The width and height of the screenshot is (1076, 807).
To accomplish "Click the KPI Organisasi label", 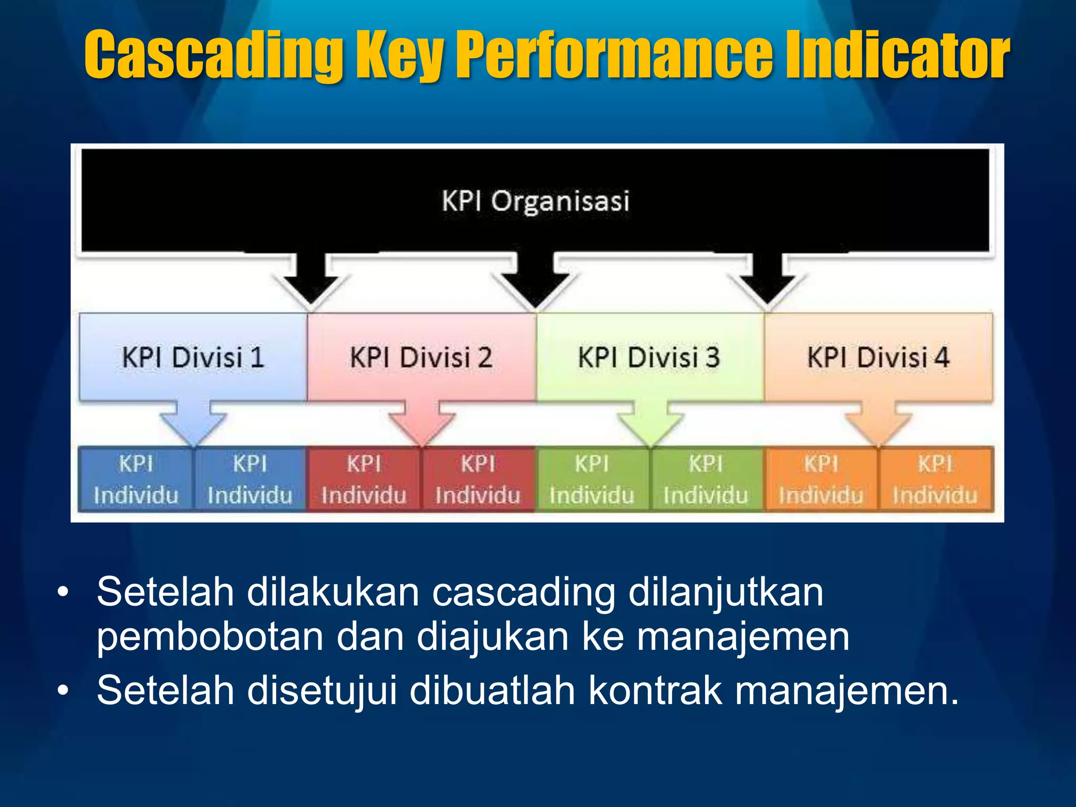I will pyautogui.click(x=535, y=201).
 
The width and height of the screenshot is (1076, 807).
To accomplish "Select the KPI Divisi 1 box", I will pyautogui.click(x=193, y=357).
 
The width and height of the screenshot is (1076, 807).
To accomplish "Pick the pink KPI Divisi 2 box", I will pyautogui.click(x=421, y=357).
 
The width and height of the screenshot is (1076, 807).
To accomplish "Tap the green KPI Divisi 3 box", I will pyautogui.click(x=649, y=357).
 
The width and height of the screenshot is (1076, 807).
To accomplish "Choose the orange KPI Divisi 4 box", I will pyautogui.click(x=878, y=357).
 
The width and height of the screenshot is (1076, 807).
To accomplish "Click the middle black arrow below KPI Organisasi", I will pyautogui.click(x=535, y=281).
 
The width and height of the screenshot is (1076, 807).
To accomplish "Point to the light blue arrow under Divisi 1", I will pyautogui.click(x=193, y=423).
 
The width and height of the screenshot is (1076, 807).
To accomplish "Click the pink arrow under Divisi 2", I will pyautogui.click(x=422, y=423).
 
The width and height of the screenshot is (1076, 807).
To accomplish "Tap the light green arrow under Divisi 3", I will pyautogui.click(x=650, y=423).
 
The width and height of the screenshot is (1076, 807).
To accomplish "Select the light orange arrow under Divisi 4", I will pyautogui.click(x=878, y=423).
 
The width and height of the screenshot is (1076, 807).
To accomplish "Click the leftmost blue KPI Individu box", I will pyautogui.click(x=136, y=479).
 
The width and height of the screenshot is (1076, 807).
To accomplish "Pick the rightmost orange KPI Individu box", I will pyautogui.click(x=935, y=479).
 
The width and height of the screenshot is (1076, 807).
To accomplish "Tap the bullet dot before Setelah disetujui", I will pyautogui.click(x=63, y=690).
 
